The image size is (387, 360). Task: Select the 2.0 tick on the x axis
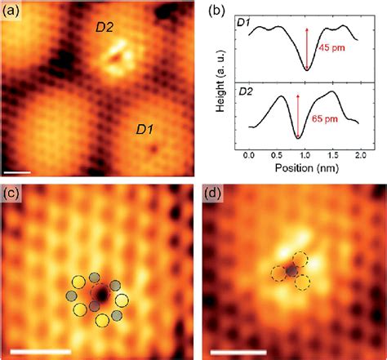click(363, 153)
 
